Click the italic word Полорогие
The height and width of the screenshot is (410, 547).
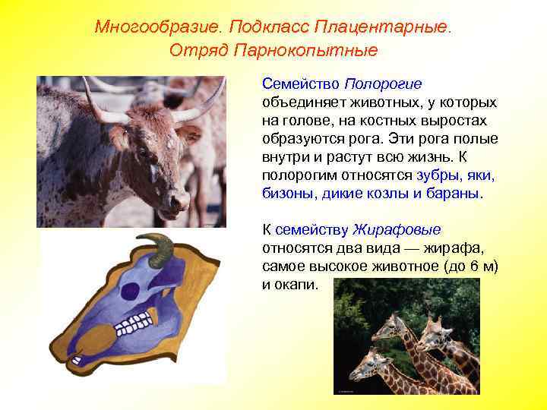pos(383,84)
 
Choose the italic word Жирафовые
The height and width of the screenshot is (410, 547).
pos(397,229)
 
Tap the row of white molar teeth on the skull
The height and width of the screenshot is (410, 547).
pos(134,325)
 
